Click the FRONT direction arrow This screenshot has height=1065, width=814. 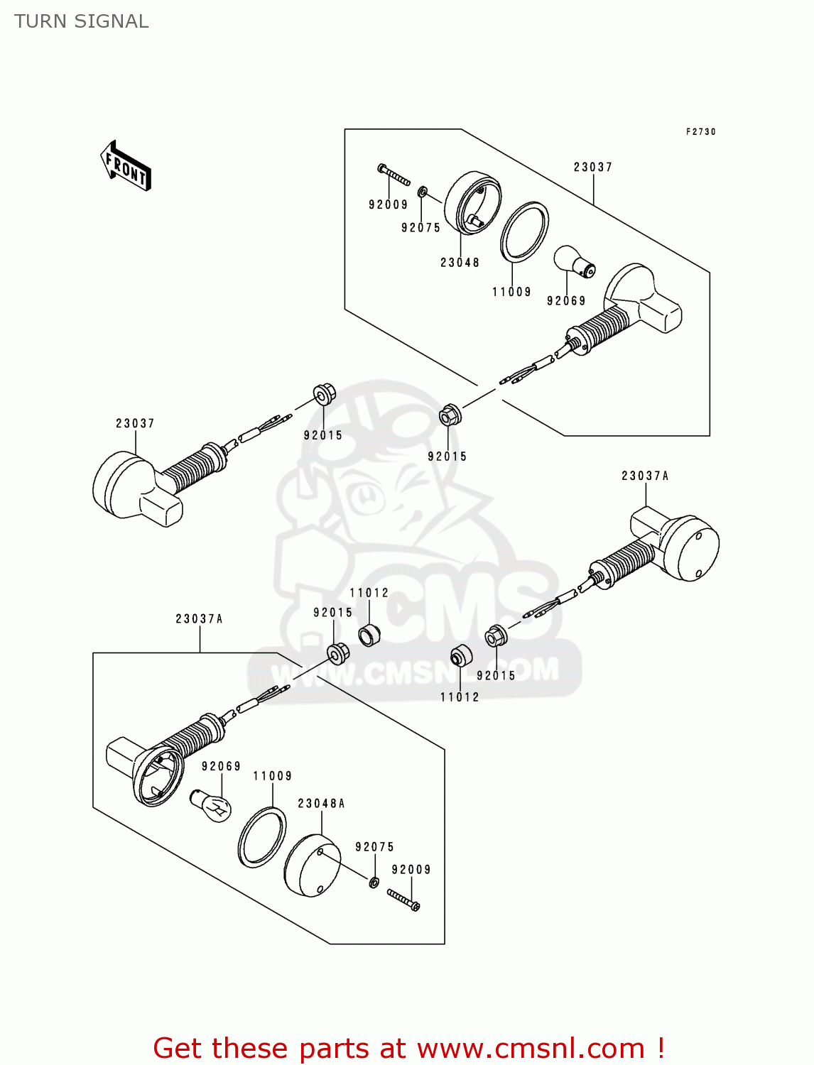pos(126,165)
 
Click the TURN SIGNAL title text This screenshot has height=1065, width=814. pos(81,21)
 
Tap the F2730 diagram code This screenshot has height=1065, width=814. pos(700,132)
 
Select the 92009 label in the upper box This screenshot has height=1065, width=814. pos(388,204)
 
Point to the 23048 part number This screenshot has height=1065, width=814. pos(460,263)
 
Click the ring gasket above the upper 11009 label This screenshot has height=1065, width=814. pos(524,232)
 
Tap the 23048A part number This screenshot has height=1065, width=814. pos(321,804)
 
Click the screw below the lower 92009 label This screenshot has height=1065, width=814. pos(403,900)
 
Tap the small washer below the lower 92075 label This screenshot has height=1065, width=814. pos(374,882)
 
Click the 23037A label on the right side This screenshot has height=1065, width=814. pos(645,476)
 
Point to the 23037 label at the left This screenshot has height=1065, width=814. pos(135,423)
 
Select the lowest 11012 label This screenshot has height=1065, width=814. pos(460,697)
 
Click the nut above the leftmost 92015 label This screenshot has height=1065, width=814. pos(325,395)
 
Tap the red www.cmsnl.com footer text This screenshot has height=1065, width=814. pos(408,1048)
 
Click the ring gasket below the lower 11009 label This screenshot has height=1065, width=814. pos(261,837)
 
